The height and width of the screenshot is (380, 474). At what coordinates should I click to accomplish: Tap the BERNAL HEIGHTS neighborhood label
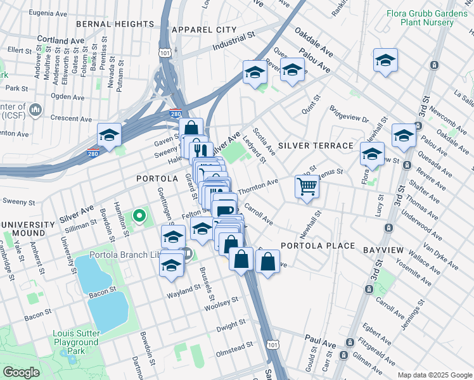coord(115,24)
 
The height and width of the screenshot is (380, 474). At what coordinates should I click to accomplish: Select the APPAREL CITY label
coord(204,30)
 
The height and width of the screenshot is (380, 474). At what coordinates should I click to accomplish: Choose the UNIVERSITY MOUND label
coord(28,229)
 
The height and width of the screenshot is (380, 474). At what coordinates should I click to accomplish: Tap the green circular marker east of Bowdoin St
coord(139,217)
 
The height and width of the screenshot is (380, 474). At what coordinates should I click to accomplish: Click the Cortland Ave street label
coord(61,39)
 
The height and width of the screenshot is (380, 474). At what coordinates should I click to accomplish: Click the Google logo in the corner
coord(21,372)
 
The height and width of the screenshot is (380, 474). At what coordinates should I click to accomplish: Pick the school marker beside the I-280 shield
coord(109,135)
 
